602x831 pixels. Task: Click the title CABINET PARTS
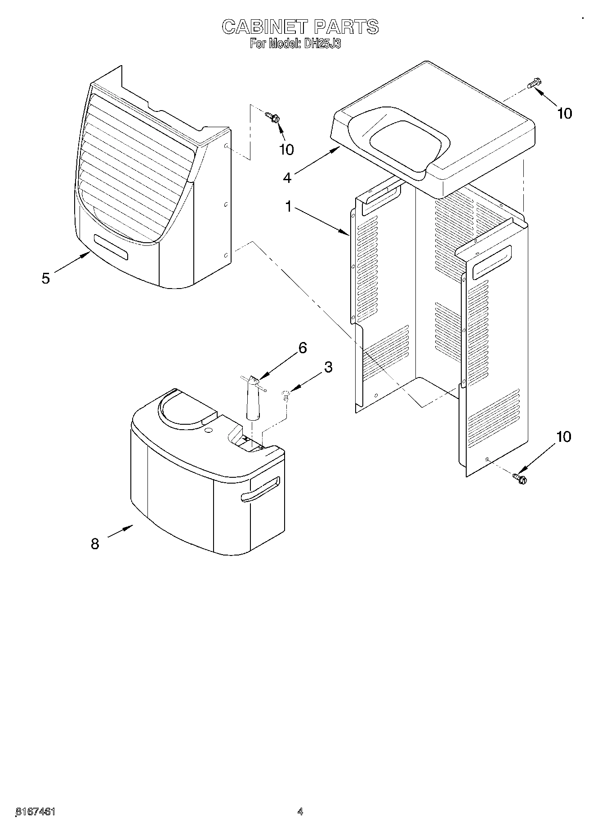300,27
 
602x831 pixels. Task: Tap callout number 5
45,278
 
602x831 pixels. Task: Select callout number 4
287,177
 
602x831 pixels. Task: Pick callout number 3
328,367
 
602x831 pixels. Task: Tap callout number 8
95,544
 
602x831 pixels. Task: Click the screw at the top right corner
535,84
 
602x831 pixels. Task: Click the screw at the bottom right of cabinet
520,478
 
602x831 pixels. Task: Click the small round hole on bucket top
208,431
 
